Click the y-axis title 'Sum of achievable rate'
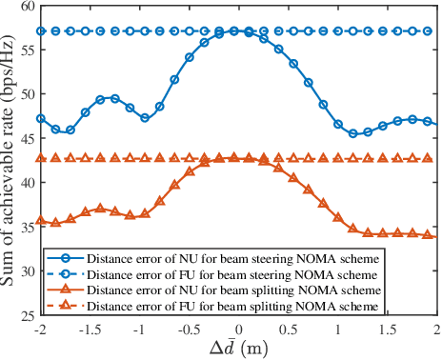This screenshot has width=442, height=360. pos(10,162)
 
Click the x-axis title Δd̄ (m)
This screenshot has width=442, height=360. pos(238,348)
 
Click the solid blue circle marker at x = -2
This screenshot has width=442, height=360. pos(41,119)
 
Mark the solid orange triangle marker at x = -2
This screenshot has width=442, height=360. pos(41,220)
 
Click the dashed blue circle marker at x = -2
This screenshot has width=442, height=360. pos(41,31)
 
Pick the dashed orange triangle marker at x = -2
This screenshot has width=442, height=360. pos(41,158)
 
